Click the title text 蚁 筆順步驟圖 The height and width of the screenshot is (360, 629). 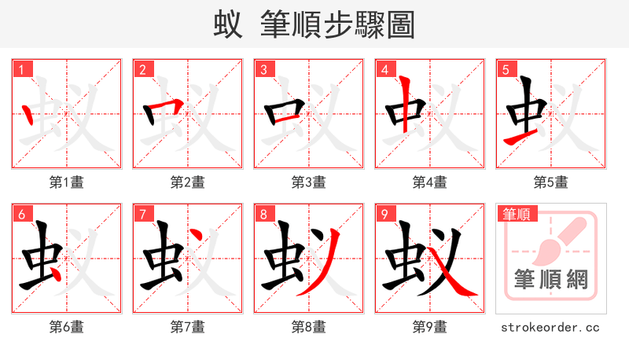(314, 24)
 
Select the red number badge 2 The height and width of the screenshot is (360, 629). (142, 70)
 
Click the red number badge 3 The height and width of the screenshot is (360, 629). (263, 70)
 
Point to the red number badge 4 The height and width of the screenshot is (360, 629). (384, 70)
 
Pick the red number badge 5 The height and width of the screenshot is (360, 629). (506, 70)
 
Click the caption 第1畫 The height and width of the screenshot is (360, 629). (67, 182)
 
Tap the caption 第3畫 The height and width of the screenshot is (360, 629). (309, 182)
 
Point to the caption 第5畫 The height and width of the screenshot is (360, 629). (551, 182)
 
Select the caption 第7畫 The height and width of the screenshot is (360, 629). (188, 327)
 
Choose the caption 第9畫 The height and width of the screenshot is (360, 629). (430, 327)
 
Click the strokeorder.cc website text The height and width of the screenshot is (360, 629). (550, 327)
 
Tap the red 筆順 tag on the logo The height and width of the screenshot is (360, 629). (517, 214)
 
